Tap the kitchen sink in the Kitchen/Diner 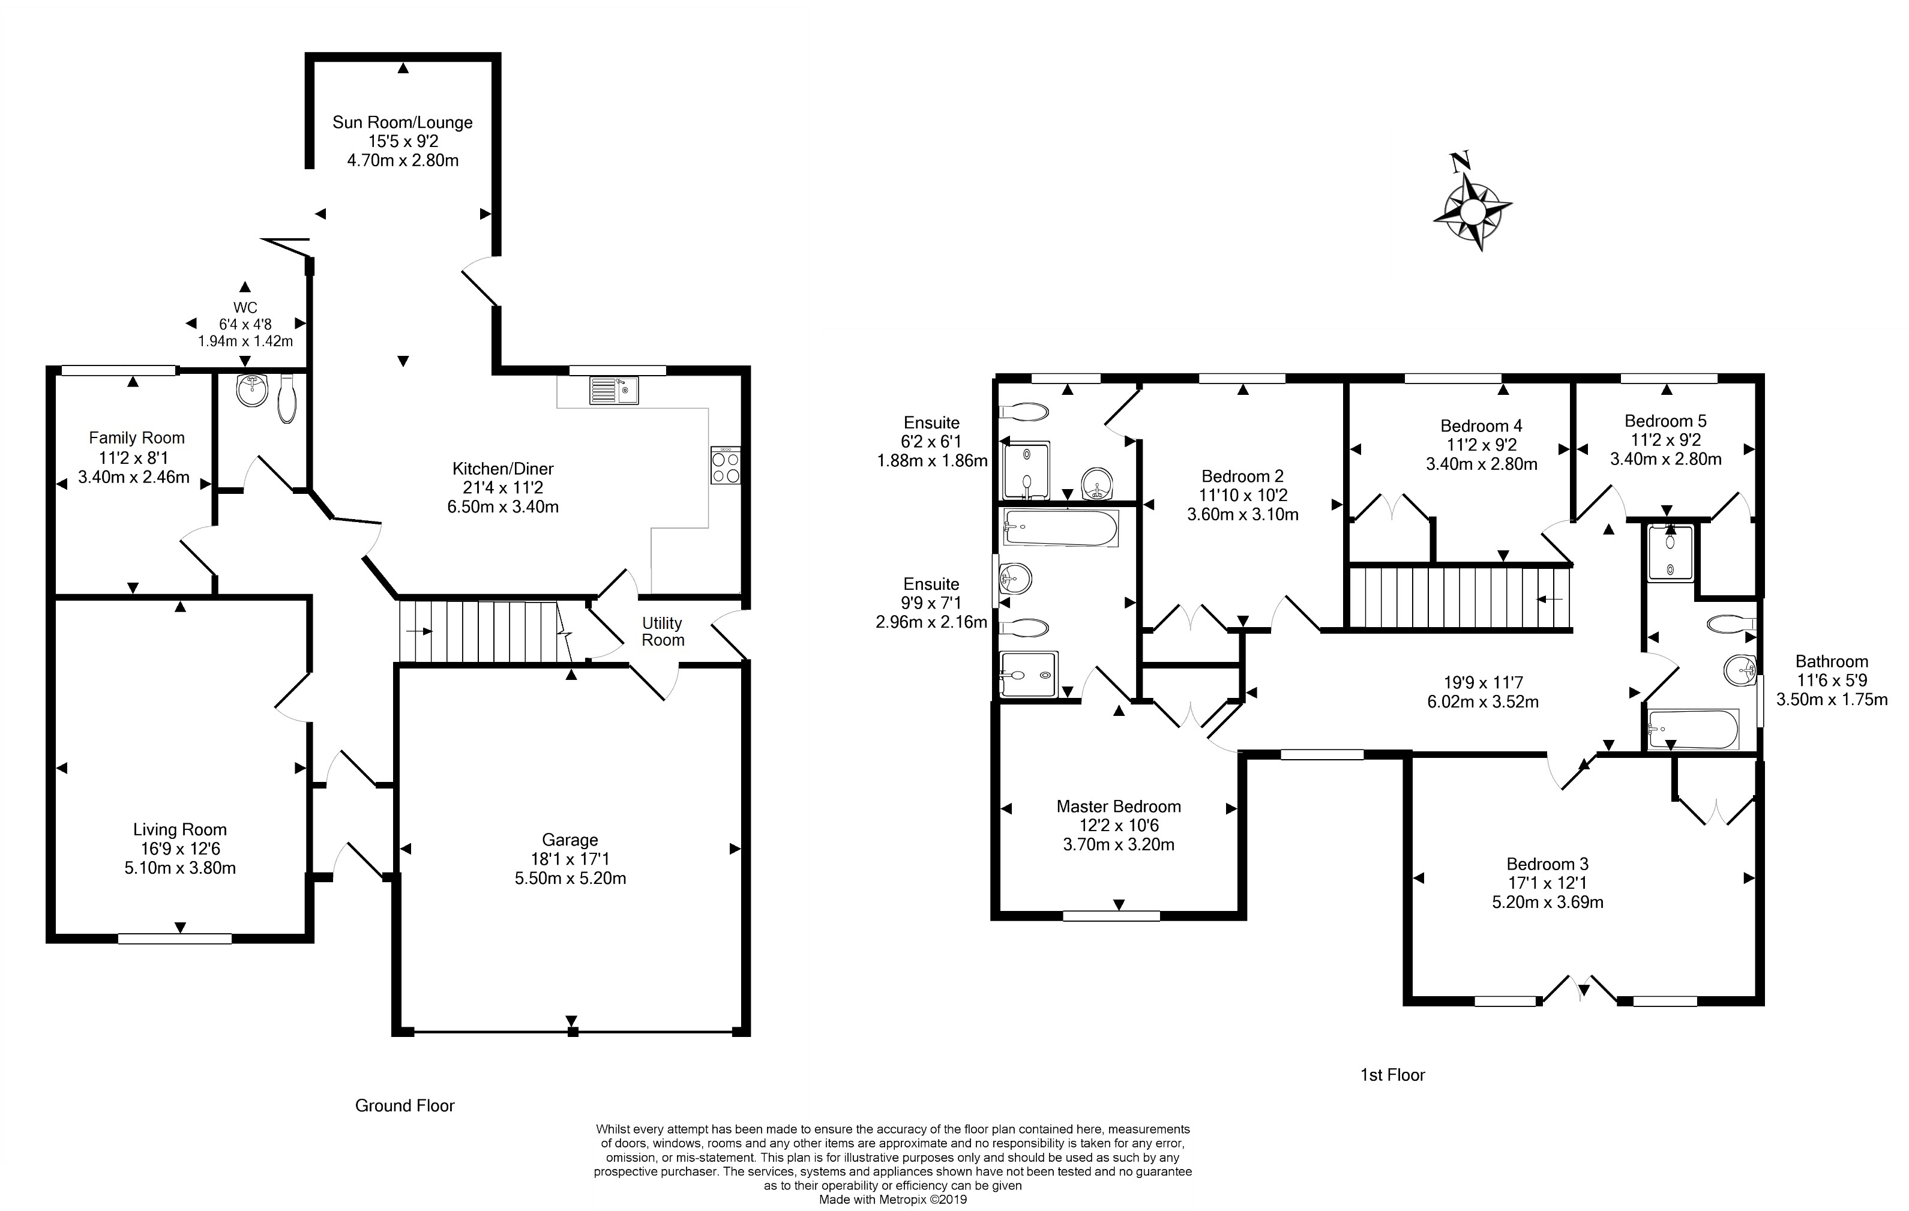(613, 391)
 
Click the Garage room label (570, 840)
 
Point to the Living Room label (180, 829)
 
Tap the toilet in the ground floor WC (286, 398)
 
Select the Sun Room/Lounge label (403, 122)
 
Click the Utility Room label (663, 632)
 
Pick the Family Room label (136, 437)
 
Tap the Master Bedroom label (1119, 806)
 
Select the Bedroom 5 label (1665, 421)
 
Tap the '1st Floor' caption (1393, 1075)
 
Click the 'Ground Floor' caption (405, 1105)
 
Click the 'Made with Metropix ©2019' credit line (892, 1199)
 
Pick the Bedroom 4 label (1481, 425)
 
